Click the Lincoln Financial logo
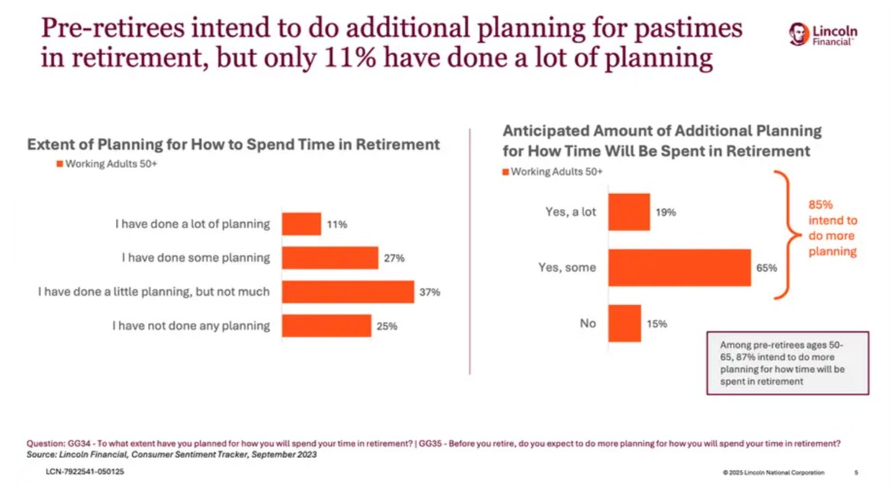823,34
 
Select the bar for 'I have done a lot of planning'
301,224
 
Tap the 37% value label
430,292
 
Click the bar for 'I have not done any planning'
326,326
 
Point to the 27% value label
394,259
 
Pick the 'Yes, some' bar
679,268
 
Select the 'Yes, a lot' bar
628,212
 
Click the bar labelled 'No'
625,324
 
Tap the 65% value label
766,268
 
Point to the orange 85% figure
821,205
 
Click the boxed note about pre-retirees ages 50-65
787,363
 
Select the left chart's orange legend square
59,164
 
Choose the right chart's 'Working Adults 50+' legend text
557,172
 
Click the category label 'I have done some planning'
195,258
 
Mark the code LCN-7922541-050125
85,472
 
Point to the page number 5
856,473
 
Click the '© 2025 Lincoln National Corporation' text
773,473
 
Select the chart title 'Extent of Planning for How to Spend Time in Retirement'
233,144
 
